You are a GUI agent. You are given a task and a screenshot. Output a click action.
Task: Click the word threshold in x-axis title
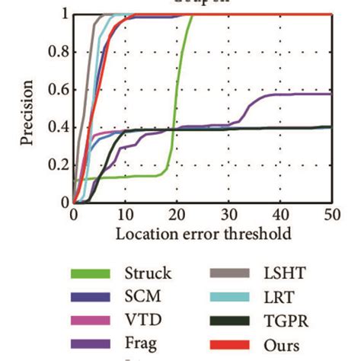(x=260, y=234)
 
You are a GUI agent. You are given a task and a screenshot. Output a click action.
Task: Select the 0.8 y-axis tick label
(x=56, y=53)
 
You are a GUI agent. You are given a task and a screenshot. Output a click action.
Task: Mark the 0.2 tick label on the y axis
(x=56, y=165)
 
